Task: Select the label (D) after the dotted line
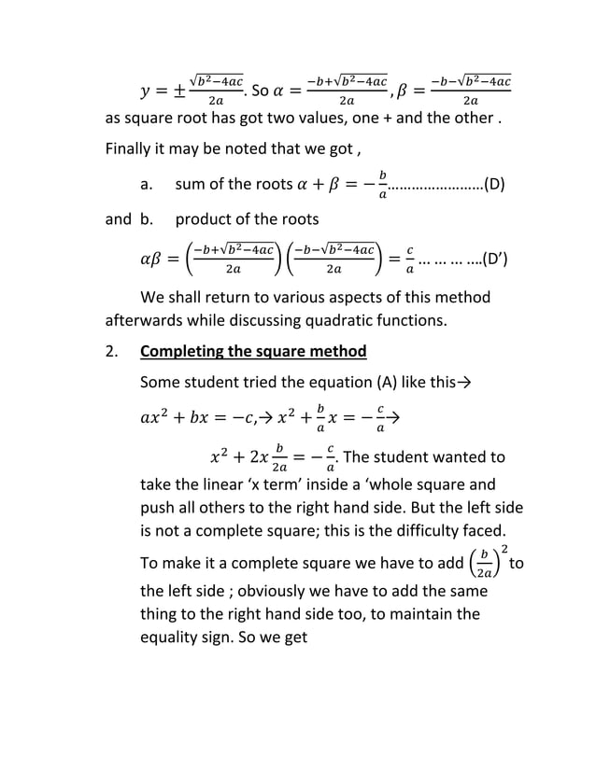[x=494, y=183]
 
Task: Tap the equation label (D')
[x=494, y=259]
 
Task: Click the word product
[x=207, y=219]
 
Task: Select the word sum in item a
[x=192, y=183]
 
